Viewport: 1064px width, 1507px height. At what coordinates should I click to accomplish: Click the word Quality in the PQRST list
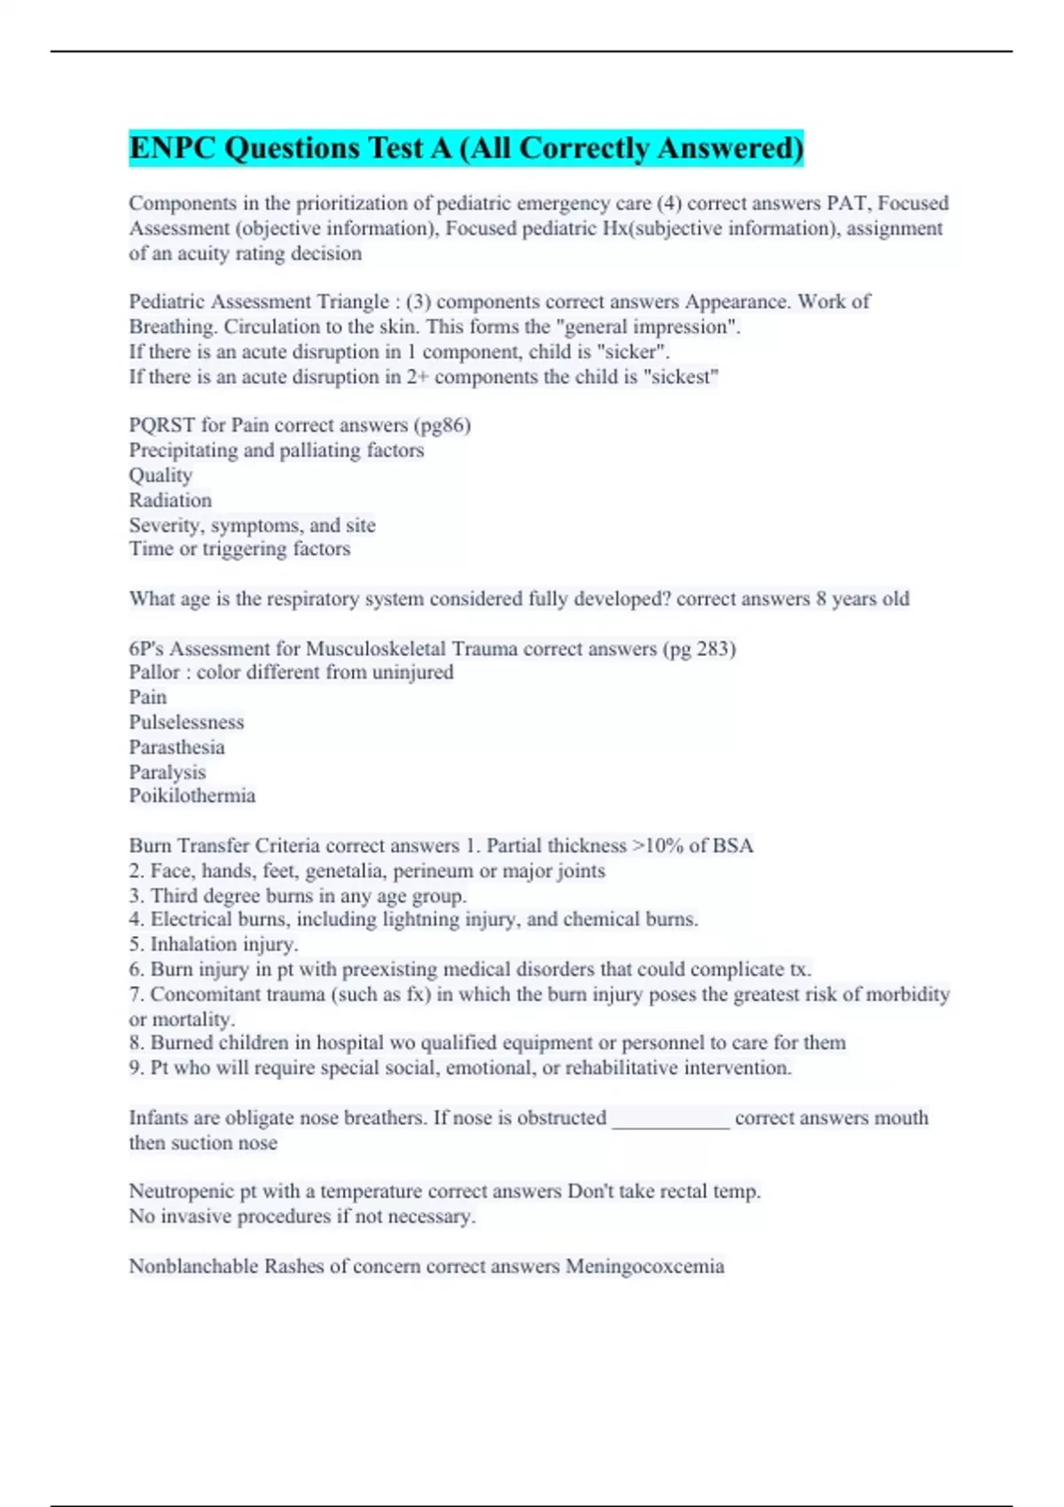[x=160, y=475]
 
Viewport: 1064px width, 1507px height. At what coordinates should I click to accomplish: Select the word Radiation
[x=170, y=500]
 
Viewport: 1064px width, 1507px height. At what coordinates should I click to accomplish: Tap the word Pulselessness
[x=186, y=722]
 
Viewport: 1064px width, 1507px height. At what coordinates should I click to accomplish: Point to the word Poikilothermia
[x=192, y=796]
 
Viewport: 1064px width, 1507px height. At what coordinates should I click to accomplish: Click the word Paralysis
[x=167, y=772]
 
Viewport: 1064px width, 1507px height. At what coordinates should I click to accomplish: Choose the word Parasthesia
[x=176, y=747]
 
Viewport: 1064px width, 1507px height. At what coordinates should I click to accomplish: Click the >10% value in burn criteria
[x=657, y=846]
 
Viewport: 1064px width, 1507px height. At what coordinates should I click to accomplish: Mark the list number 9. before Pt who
[x=137, y=1068]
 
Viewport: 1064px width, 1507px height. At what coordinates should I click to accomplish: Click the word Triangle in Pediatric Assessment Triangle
[x=353, y=302]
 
